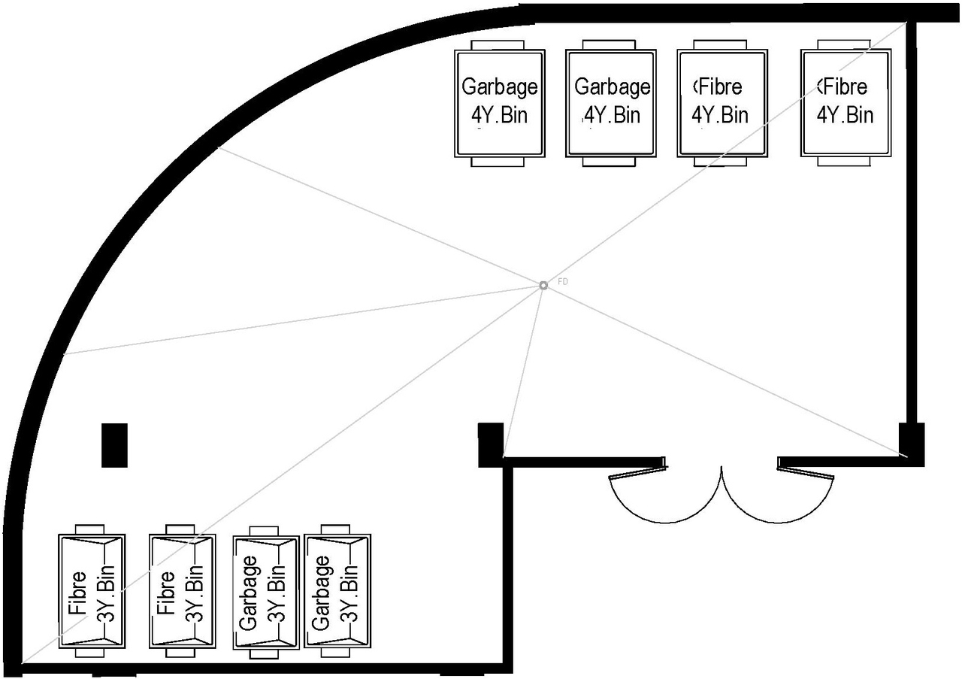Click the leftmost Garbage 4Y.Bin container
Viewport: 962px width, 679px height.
(499, 103)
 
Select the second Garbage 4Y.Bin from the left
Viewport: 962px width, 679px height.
(611, 103)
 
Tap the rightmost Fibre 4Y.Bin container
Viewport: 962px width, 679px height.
(846, 103)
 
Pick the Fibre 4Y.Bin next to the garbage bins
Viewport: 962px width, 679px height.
(722, 103)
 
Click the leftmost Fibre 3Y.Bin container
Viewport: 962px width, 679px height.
(92, 591)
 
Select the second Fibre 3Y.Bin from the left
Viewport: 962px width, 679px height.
(182, 591)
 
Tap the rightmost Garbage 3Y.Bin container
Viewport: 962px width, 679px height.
(337, 591)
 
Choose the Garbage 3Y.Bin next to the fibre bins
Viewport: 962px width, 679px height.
(266, 593)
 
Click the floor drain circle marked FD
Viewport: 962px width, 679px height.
(543, 285)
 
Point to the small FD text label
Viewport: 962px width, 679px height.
(563, 281)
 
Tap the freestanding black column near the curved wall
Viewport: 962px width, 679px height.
(114, 445)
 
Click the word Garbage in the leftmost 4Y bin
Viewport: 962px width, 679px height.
(499, 86)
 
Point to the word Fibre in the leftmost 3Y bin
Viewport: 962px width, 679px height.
(77, 593)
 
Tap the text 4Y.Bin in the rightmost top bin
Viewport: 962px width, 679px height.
(846, 115)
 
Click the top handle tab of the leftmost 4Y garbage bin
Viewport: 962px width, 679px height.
(499, 45)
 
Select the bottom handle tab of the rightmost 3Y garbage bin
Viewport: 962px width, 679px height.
(337, 653)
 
